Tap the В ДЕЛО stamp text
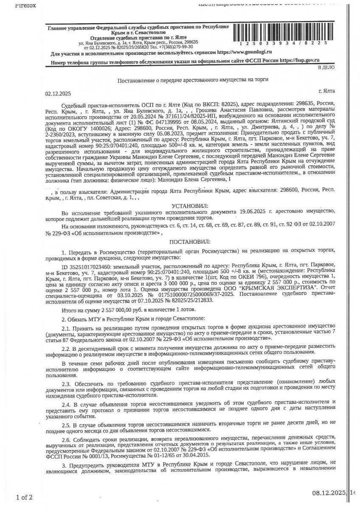coord(326,67)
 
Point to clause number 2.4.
coord(67,401)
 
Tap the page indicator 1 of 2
coord(24,497)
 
